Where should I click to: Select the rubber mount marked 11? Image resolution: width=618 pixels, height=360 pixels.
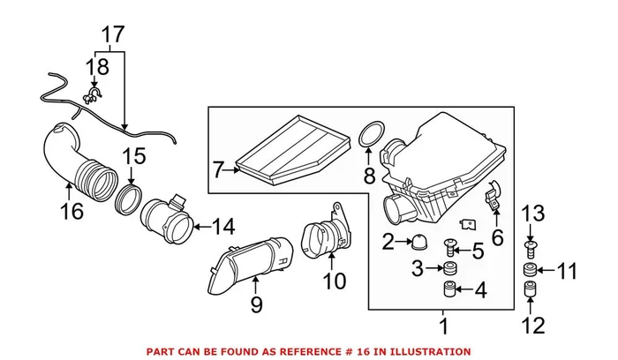pos(531,268)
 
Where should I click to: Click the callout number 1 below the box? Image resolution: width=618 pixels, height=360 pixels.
pos(443,326)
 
